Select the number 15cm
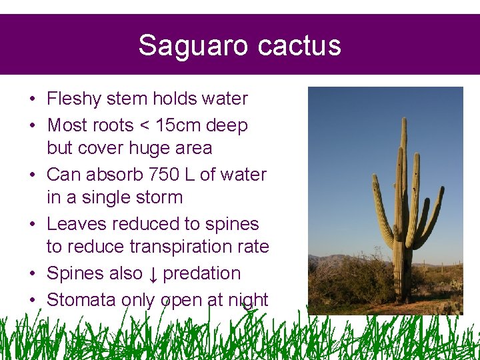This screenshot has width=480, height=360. pyautogui.click(x=179, y=125)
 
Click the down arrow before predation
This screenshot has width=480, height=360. pyautogui.click(x=154, y=274)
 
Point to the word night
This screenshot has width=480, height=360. pyautogui.click(x=247, y=301)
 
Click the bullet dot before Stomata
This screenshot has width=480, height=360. pyautogui.click(x=32, y=301)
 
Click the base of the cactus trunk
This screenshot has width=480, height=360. pyautogui.click(x=402, y=297)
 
